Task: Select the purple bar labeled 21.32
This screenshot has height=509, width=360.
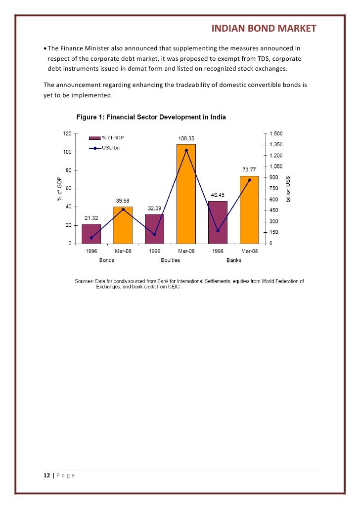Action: pyautogui.click(x=91, y=234)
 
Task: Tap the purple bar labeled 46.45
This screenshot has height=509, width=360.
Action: pyautogui.click(x=218, y=222)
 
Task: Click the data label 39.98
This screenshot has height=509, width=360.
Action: pyautogui.click(x=123, y=201)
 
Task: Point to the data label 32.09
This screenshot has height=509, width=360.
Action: pyautogui.click(x=154, y=208)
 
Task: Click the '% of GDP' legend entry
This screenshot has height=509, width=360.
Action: pyautogui.click(x=113, y=137)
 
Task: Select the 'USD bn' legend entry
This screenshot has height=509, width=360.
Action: pyautogui.click(x=109, y=148)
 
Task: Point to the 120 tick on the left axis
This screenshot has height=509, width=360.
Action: pyautogui.click(x=66, y=133)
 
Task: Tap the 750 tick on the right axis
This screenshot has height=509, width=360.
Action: pyautogui.click(x=273, y=188)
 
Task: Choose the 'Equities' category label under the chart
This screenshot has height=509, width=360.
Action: pyautogui.click(x=170, y=260)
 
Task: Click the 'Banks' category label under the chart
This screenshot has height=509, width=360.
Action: pyautogui.click(x=234, y=260)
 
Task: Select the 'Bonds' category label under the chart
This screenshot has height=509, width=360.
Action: pyautogui.click(x=107, y=260)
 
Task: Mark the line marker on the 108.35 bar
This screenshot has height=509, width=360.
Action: pyautogui.click(x=186, y=150)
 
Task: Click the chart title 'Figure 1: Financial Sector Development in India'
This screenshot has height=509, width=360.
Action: pyautogui.click(x=151, y=118)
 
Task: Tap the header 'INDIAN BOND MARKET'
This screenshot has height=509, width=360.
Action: pyautogui.click(x=264, y=29)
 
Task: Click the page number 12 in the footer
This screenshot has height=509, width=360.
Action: pyautogui.click(x=47, y=475)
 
